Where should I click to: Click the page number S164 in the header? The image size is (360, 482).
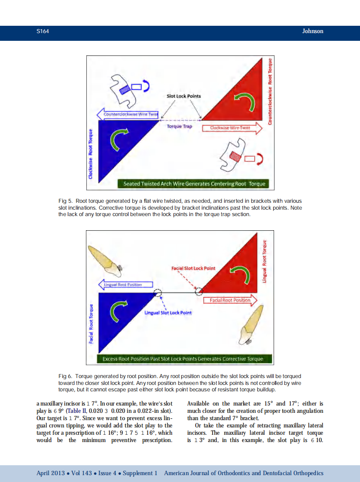click(43, 31)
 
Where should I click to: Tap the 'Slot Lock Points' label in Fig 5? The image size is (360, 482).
click(183, 96)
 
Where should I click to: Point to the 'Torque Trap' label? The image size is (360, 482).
click(179, 127)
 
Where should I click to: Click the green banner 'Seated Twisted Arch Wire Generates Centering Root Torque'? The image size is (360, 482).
click(194, 184)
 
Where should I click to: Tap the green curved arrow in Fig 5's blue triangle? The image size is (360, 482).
click(119, 141)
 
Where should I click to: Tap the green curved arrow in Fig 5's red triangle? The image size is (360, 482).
click(247, 101)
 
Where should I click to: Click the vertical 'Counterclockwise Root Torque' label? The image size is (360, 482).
click(270, 92)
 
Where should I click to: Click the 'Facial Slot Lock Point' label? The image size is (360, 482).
click(193, 268)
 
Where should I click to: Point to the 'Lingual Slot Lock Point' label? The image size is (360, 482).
click(168, 313)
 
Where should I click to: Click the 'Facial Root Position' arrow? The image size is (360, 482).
click(230, 300)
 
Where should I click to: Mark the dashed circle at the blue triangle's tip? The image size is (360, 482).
click(158, 293)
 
